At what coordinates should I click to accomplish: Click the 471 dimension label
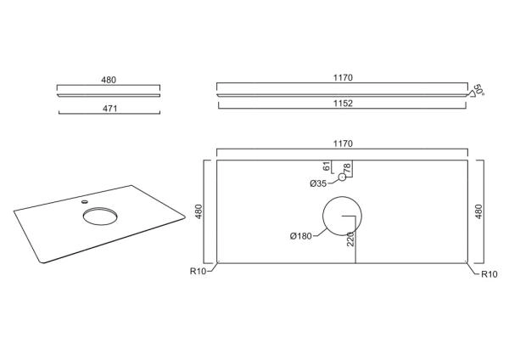(x=109, y=109)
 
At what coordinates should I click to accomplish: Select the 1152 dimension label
(x=343, y=104)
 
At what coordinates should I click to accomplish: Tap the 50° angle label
(x=478, y=90)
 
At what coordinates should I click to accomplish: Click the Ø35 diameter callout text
(x=318, y=183)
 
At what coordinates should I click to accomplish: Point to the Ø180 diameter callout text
(x=301, y=236)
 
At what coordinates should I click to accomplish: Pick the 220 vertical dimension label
(x=350, y=239)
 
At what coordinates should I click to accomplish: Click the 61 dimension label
(x=327, y=166)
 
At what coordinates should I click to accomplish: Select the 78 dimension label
(x=347, y=168)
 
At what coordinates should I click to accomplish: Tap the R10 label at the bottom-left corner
(x=198, y=271)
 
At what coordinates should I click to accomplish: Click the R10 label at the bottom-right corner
(x=489, y=274)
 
